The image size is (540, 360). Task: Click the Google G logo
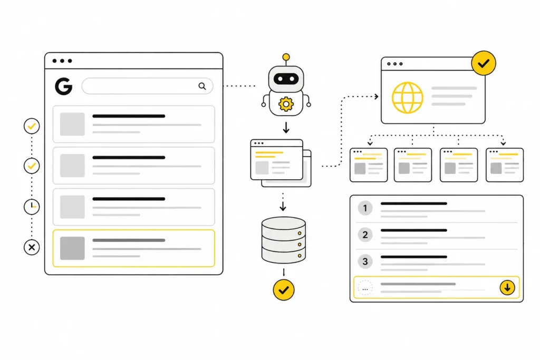(64, 86)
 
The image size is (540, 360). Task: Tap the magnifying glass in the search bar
(202, 86)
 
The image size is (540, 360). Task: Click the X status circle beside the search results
(32, 247)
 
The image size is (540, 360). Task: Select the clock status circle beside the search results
(32, 207)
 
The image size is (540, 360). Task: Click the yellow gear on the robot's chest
(286, 104)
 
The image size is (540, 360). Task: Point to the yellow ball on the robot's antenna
(286, 57)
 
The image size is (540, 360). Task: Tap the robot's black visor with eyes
(286, 79)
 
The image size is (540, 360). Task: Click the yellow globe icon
(408, 98)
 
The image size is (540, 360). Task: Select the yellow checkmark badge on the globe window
(484, 63)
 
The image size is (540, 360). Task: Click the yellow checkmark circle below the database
(283, 290)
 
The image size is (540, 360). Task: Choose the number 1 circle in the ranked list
(365, 208)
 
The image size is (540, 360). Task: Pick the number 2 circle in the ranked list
(365, 235)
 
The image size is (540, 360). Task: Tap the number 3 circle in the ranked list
(365, 261)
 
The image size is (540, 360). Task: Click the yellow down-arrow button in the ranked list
(507, 287)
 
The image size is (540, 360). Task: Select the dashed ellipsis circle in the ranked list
(365, 288)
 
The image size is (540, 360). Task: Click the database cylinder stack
(283, 240)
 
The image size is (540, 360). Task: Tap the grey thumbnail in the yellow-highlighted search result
(72, 248)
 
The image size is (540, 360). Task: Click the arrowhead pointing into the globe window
(377, 96)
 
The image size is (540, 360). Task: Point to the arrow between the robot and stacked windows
(286, 128)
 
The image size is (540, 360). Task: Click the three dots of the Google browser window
(62, 61)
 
